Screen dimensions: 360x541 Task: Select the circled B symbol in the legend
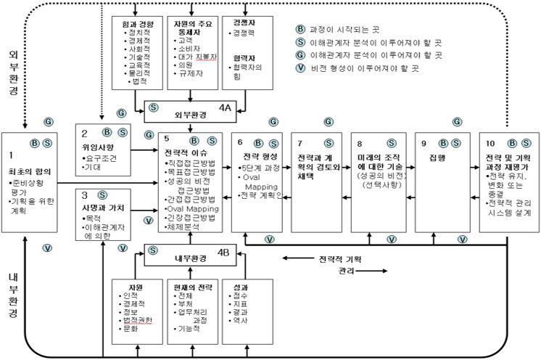point(299,28)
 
